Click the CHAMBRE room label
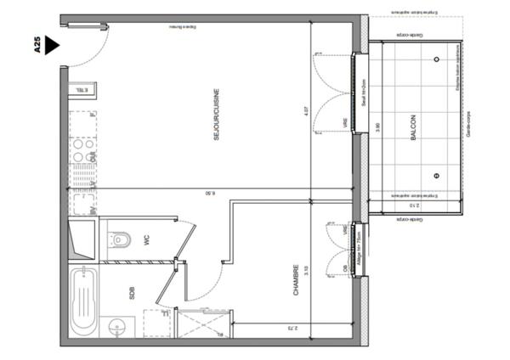[295, 280]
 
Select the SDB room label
[132, 294]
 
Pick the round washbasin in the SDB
[117, 326]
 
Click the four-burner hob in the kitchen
[82, 150]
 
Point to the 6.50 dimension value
[209, 194]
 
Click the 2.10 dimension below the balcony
[413, 205]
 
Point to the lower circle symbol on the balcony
[437, 177]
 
